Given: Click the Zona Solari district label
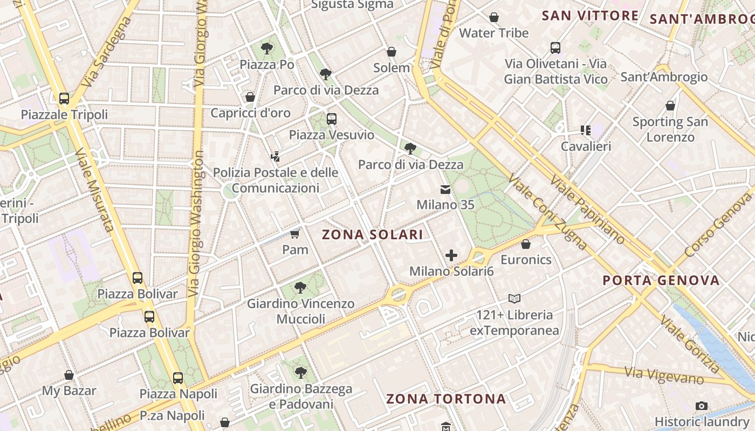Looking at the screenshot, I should coord(372,235).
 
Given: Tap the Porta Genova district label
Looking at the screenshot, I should coord(661,280).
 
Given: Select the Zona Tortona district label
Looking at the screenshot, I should coord(446,399).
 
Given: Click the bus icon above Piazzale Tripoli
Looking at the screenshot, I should coord(64,99).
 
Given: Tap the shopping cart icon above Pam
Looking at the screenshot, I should coord(295,234).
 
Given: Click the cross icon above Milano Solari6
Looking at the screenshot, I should coord(451,255).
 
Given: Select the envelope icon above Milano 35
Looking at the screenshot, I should coord(445,189).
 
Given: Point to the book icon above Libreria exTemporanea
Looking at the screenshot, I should coord(514,298).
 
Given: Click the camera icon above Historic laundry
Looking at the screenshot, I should coord(701,406).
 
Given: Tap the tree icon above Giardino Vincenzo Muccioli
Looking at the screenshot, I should coord(301,288).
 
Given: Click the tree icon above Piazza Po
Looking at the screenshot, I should coord(266,48).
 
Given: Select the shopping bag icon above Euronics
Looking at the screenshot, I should coord(526,244).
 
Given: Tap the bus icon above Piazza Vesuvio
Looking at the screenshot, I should coord(331,119).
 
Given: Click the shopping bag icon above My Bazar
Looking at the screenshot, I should coord(69,375).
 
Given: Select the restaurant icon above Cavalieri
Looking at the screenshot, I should coord(586,130).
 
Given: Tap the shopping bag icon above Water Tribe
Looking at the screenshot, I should coord(493,17).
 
